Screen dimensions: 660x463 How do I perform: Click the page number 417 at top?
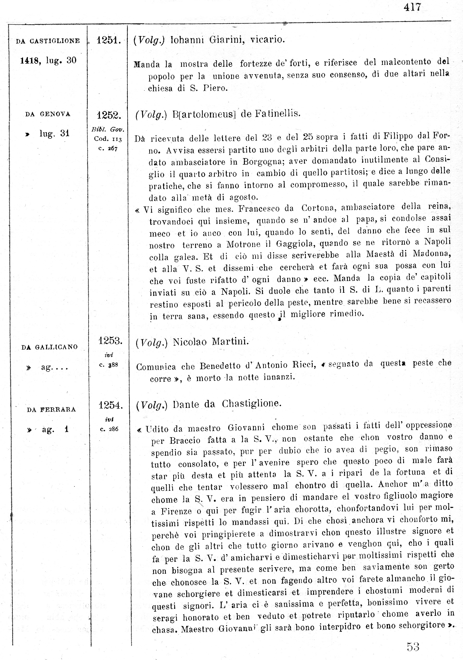tap(412, 7)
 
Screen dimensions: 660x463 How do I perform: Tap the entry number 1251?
tap(108, 40)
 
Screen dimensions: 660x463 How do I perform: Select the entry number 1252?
tap(109, 115)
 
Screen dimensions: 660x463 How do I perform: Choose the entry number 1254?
tap(110, 405)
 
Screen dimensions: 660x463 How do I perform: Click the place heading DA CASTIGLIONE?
tap(48, 41)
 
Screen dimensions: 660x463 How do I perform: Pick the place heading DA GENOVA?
tap(48, 114)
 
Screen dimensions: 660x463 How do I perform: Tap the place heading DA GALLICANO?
tap(49, 347)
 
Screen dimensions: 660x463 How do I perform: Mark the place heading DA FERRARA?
tap(51, 409)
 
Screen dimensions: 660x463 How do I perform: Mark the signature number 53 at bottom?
tap(413, 647)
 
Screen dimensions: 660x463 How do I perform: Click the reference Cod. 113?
tap(108, 139)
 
